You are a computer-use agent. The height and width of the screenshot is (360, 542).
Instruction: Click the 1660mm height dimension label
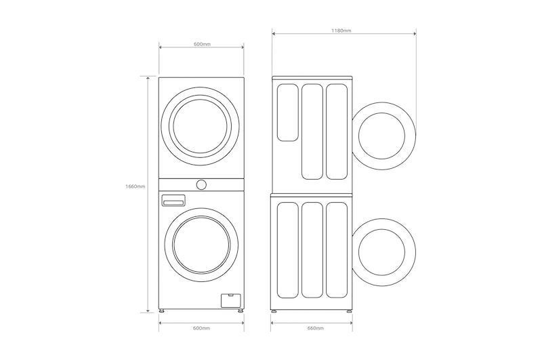point(135,186)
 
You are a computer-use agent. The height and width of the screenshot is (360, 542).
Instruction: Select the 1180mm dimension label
point(341,31)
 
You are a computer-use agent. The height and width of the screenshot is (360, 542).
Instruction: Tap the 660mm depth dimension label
point(316,328)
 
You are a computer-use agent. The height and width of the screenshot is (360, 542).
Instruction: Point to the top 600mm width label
point(202,44)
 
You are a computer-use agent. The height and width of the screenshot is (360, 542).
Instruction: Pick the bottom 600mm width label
point(201,328)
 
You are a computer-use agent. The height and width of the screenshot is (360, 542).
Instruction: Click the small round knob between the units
point(201,184)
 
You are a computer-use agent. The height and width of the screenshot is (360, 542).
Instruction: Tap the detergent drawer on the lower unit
point(173,201)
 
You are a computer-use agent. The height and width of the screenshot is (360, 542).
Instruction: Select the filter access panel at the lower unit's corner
point(230,300)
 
